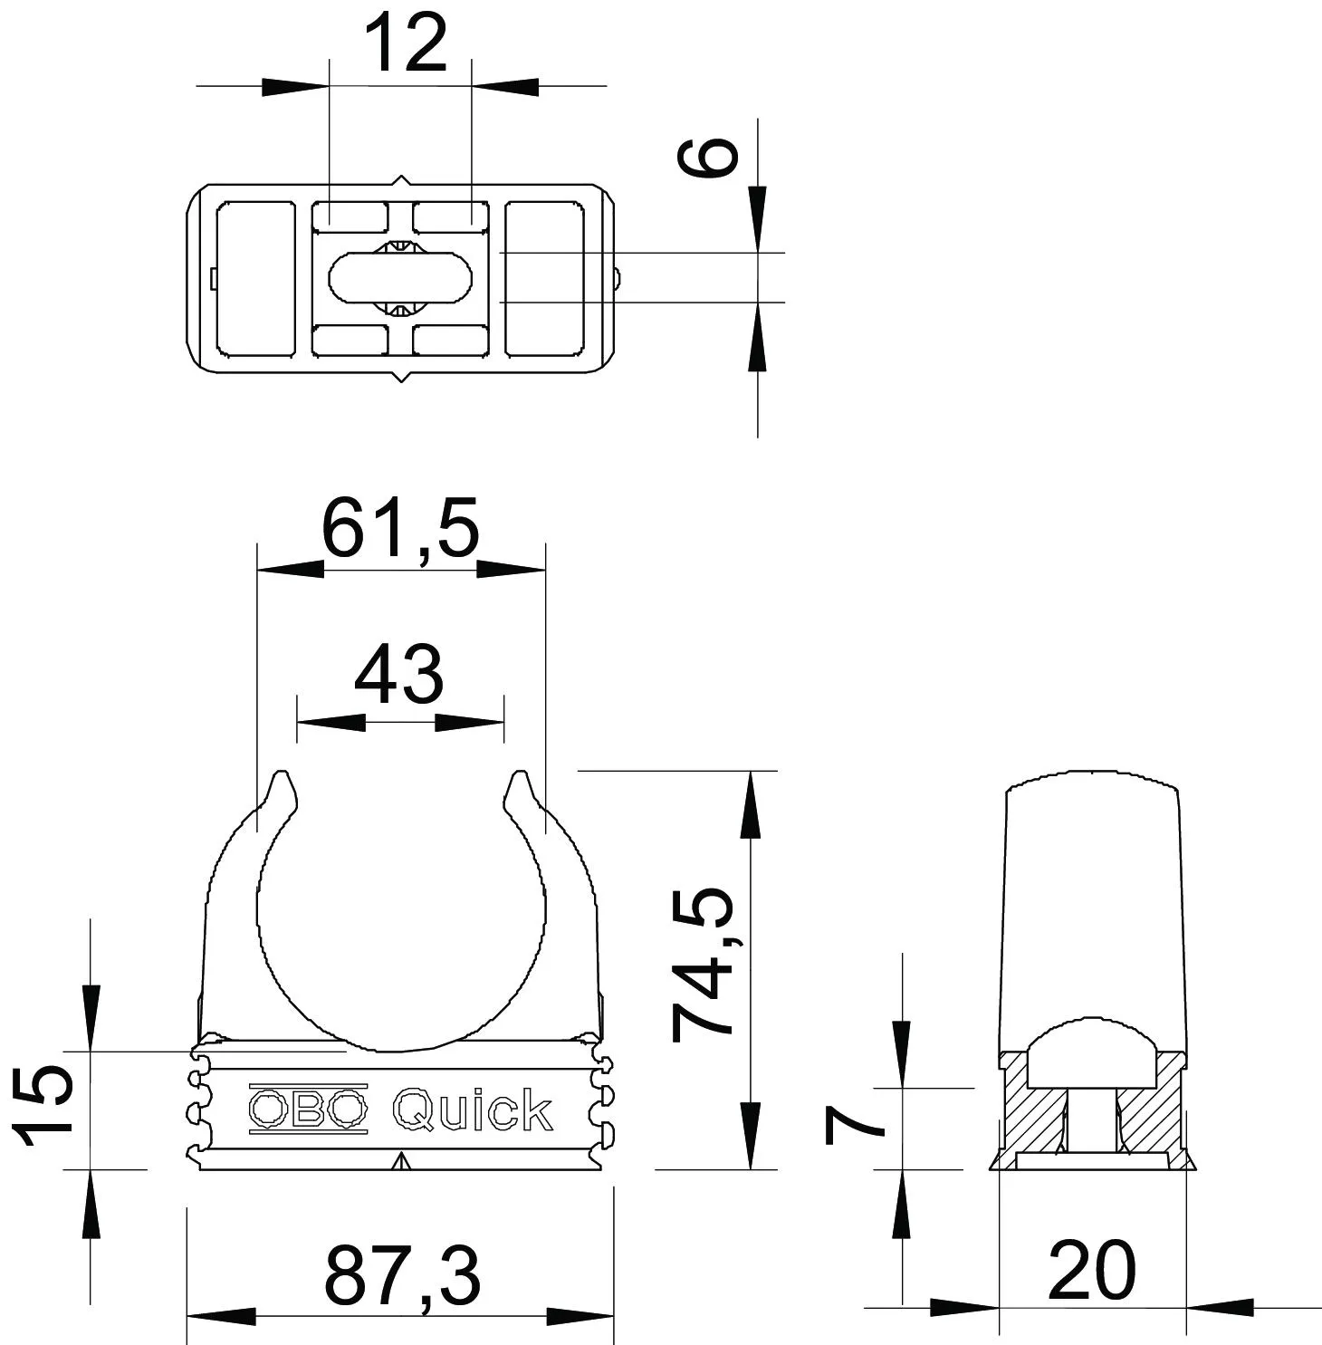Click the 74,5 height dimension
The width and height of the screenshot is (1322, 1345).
[704, 964]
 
